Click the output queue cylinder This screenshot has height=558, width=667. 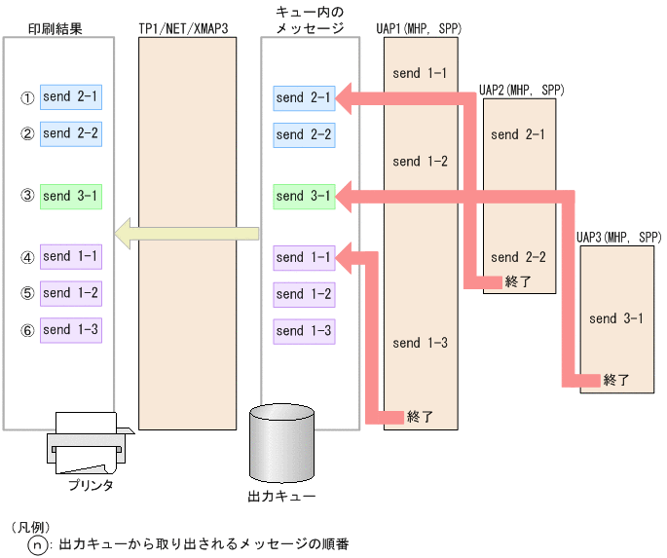coord(282,444)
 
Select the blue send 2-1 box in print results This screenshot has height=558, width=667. coord(71,97)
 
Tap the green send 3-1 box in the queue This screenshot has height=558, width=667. coord(304,196)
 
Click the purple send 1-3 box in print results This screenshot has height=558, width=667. coord(71,330)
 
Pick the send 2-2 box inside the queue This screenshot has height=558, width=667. coord(304,134)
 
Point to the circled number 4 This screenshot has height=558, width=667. coord(27,258)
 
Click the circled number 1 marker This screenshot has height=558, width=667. coord(27,98)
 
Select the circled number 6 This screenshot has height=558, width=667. coord(27,331)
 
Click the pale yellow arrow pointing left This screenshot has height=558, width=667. coord(185,233)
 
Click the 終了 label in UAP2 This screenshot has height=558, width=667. coord(519,282)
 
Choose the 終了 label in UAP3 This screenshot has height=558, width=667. coord(616,380)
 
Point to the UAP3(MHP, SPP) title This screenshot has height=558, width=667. coord(618,237)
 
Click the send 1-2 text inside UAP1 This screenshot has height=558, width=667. coord(420,161)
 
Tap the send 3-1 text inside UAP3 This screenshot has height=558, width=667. coord(616,318)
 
